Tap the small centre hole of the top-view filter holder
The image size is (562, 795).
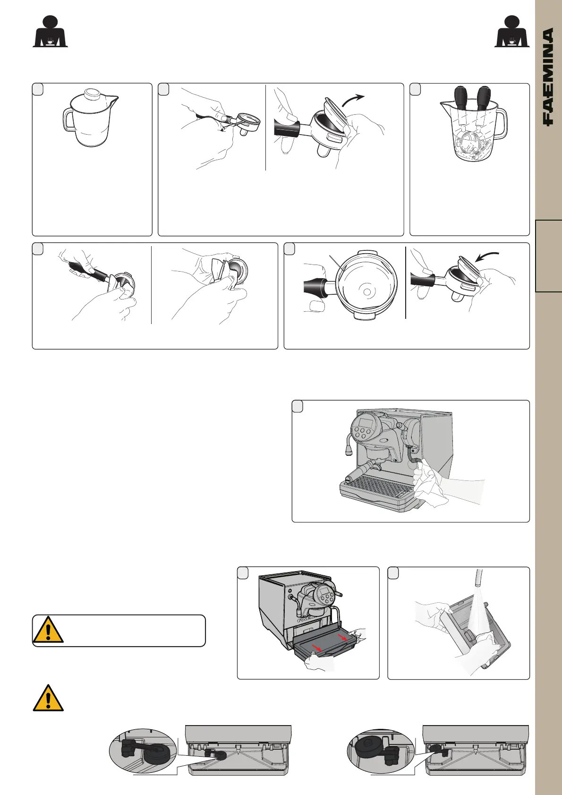click(367, 292)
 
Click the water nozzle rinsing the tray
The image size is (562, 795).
click(479, 579)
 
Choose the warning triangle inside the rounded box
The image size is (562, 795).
click(48, 630)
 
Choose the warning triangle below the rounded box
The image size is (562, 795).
click(48, 698)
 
